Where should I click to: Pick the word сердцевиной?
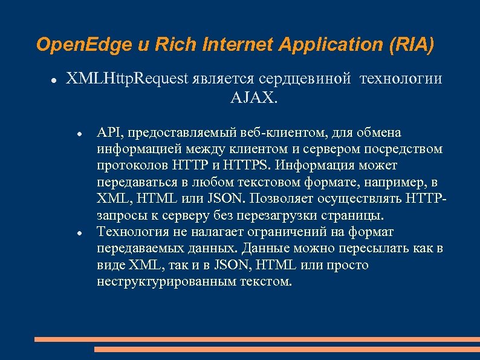click(306, 79)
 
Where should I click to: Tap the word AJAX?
click(255, 97)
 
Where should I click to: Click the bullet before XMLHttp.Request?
click(54, 79)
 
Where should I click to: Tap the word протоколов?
click(133, 165)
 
